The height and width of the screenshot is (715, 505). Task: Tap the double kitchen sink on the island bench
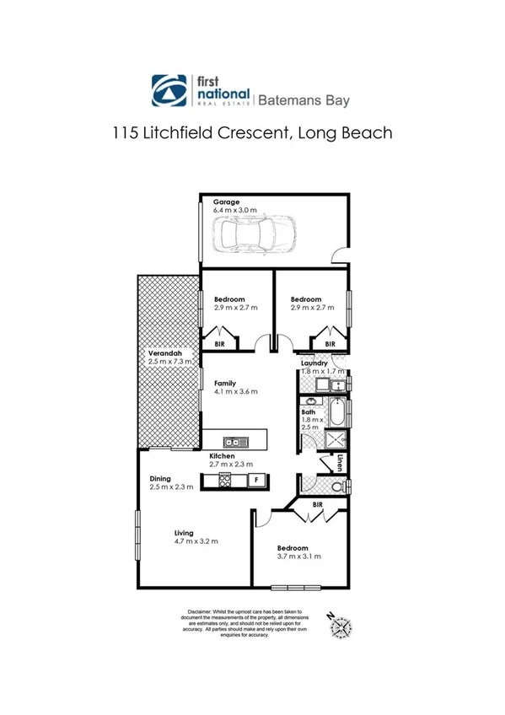[234, 442]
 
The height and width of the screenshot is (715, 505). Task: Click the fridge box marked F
[257, 481]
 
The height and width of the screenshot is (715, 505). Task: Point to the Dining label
[160, 479]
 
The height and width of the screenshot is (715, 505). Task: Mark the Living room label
[184, 533]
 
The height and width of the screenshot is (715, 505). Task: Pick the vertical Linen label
[340, 463]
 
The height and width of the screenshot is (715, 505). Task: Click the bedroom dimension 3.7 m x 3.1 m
[298, 556]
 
